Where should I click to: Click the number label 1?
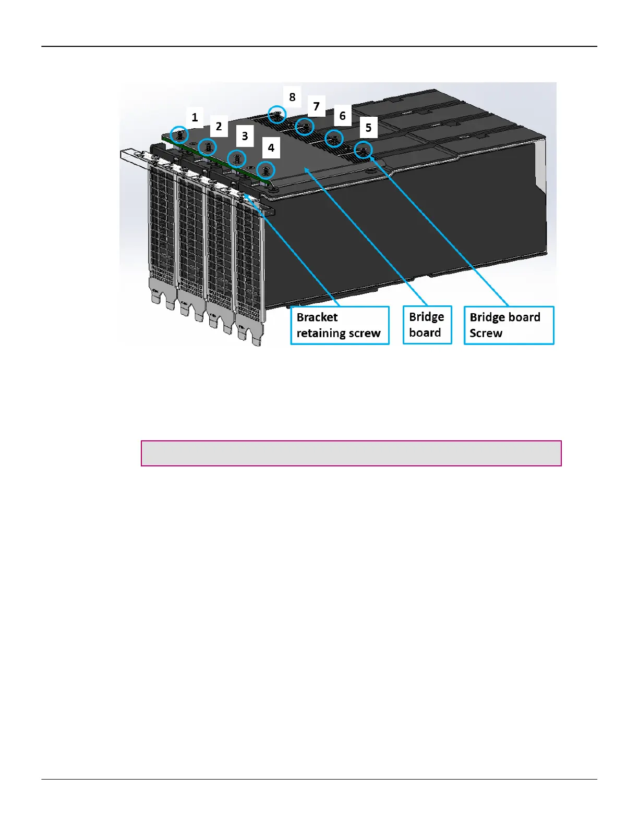(195, 117)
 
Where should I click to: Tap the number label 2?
(219, 126)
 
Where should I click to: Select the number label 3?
(245, 137)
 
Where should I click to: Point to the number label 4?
(271, 148)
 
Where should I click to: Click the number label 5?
(368, 128)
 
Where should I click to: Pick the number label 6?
(342, 116)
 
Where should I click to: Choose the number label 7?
(316, 106)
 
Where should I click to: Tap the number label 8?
(292, 97)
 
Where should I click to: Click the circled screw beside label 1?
(180, 135)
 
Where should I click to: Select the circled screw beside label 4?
(266, 170)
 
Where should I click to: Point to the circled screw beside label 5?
(363, 150)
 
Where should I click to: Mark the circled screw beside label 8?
(277, 114)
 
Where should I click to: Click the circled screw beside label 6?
(334, 138)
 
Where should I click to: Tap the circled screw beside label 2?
(208, 147)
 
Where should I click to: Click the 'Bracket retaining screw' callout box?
(340, 325)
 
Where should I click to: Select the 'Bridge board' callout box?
(427, 325)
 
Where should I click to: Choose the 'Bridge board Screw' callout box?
(509, 325)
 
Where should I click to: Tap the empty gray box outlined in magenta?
(351, 453)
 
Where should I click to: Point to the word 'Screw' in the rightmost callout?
(486, 334)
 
